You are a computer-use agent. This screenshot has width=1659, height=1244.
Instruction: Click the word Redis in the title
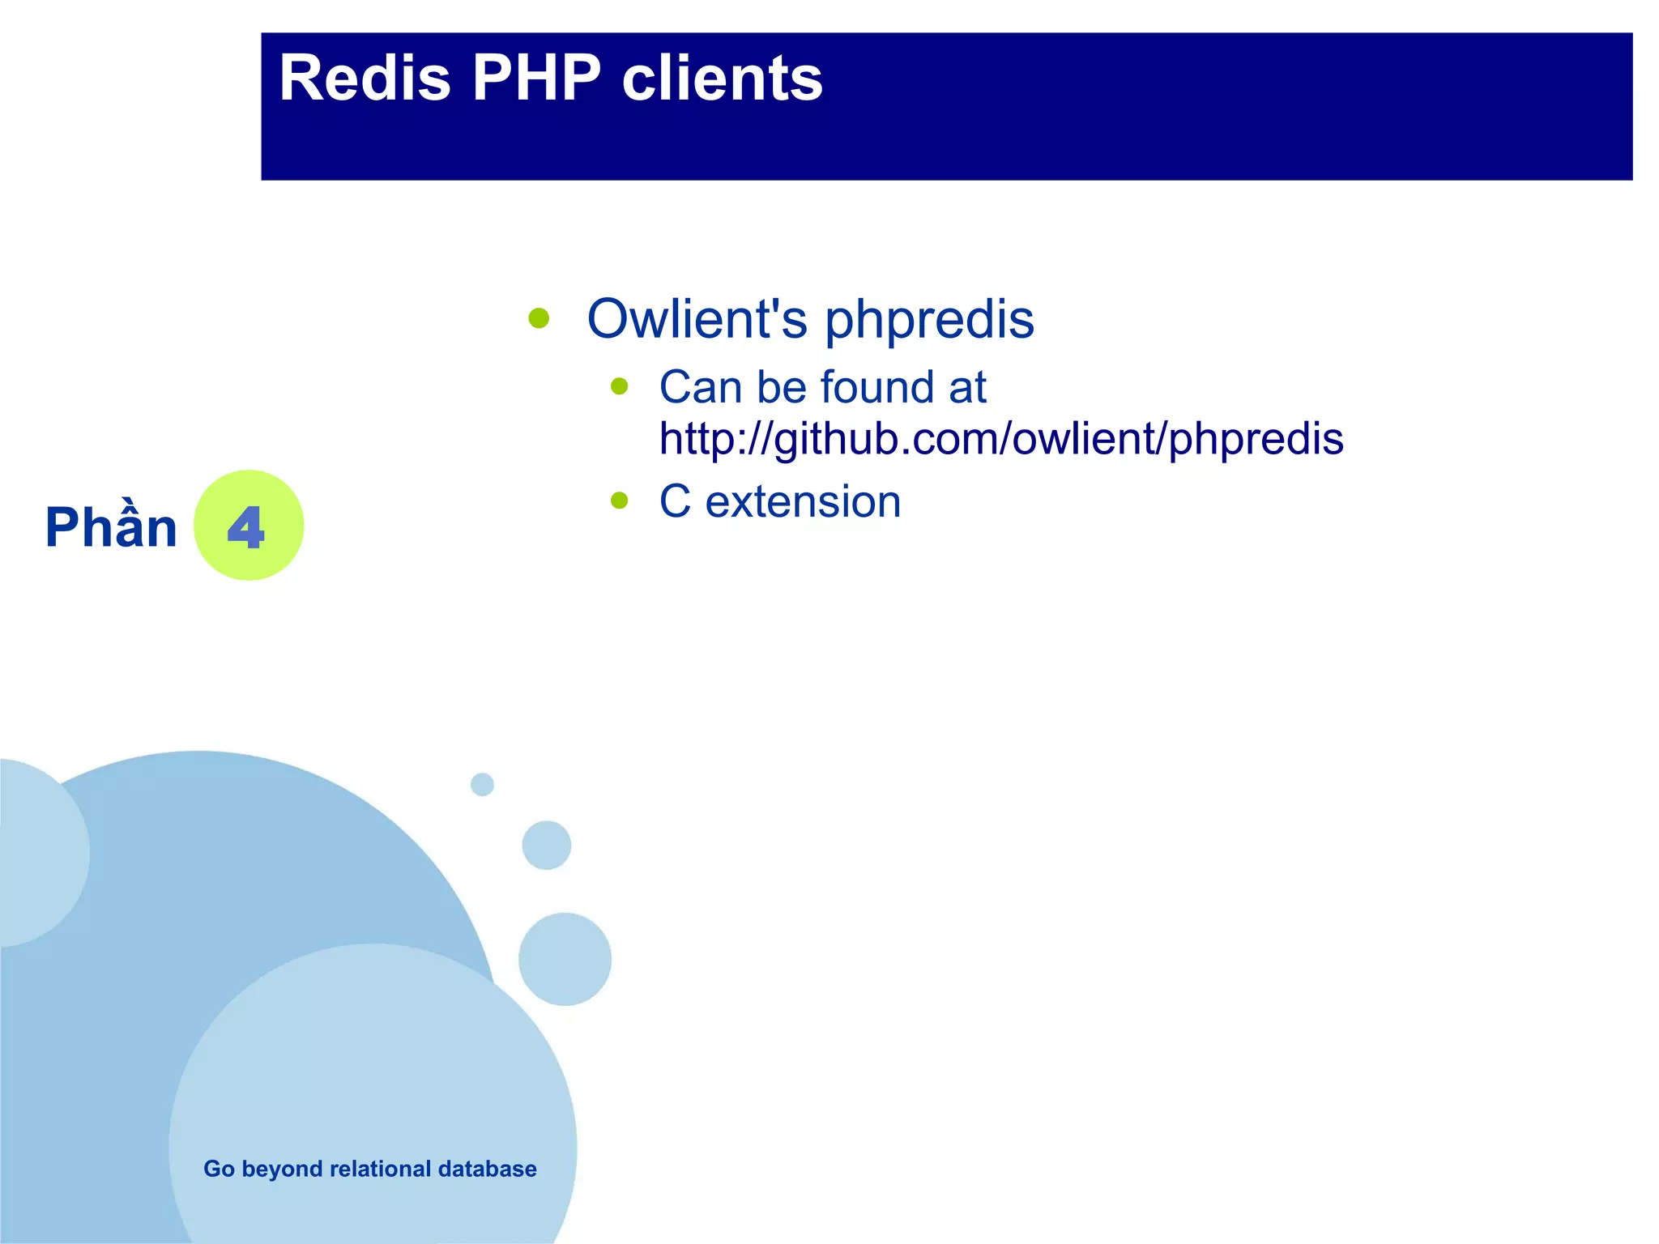[x=365, y=79]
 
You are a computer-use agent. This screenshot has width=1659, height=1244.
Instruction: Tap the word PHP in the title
[x=536, y=79]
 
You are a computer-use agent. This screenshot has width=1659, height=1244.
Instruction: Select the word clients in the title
[x=722, y=79]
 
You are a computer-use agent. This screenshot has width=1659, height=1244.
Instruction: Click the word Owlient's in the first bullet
[x=697, y=318]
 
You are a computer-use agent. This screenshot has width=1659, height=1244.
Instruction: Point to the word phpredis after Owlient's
[x=929, y=320]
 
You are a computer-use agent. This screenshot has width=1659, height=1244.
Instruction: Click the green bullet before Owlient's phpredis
[x=539, y=317]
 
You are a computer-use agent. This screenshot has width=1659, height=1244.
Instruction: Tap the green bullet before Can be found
[x=620, y=386]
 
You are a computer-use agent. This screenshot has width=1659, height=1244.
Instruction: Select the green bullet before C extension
[x=620, y=501]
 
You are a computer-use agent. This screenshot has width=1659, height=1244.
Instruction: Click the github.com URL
[x=1001, y=439]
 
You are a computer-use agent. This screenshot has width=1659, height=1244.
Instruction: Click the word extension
[x=803, y=501]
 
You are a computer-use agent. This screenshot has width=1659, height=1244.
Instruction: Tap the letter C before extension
[x=675, y=501]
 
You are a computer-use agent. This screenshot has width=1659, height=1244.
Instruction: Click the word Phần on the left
[x=111, y=527]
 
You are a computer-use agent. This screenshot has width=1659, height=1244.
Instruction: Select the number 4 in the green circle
[x=246, y=527]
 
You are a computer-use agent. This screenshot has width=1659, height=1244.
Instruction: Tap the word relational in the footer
[x=380, y=1169]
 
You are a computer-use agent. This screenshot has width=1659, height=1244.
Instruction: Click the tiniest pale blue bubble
[x=482, y=784]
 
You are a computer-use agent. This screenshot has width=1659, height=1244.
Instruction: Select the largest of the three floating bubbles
[x=565, y=959]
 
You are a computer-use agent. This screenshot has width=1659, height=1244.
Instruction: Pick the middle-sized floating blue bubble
[x=547, y=845]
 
